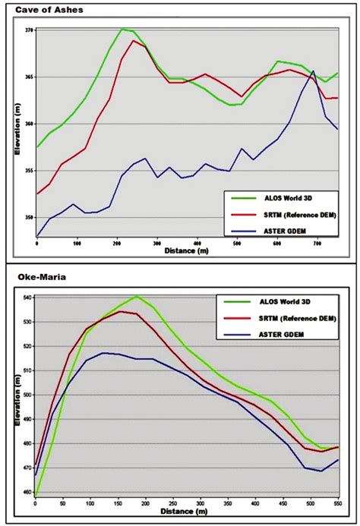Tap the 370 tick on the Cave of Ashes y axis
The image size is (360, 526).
tap(29, 30)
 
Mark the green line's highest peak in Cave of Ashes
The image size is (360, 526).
tap(122, 29)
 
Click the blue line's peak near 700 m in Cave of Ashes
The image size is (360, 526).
tap(314, 71)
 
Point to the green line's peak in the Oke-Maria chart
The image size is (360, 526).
tap(137, 296)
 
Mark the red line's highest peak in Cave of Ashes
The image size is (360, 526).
tap(134, 40)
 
